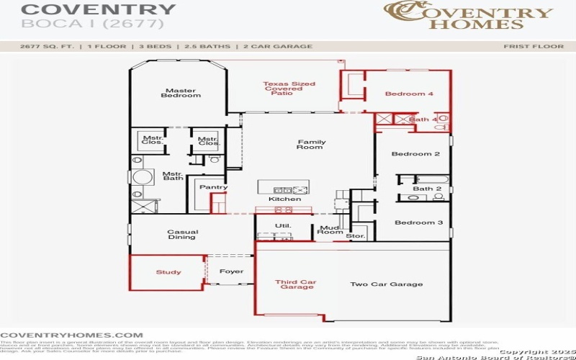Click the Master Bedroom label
tap(181, 93)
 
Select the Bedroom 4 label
tap(409, 94)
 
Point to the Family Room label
tap(311, 145)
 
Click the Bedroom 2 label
tap(415, 154)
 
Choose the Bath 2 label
tap(427, 189)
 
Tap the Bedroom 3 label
tap(418, 222)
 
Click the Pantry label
tap(213, 187)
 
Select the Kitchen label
tap(284, 199)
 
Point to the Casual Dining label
tap(182, 235)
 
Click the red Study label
tap(168, 272)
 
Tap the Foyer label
tap(231, 271)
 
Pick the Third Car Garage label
tap(295, 284)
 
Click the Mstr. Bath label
tap(172, 176)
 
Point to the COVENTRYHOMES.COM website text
tap(71, 335)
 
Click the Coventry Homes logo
tap(468, 16)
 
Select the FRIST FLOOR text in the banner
tap(533, 46)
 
